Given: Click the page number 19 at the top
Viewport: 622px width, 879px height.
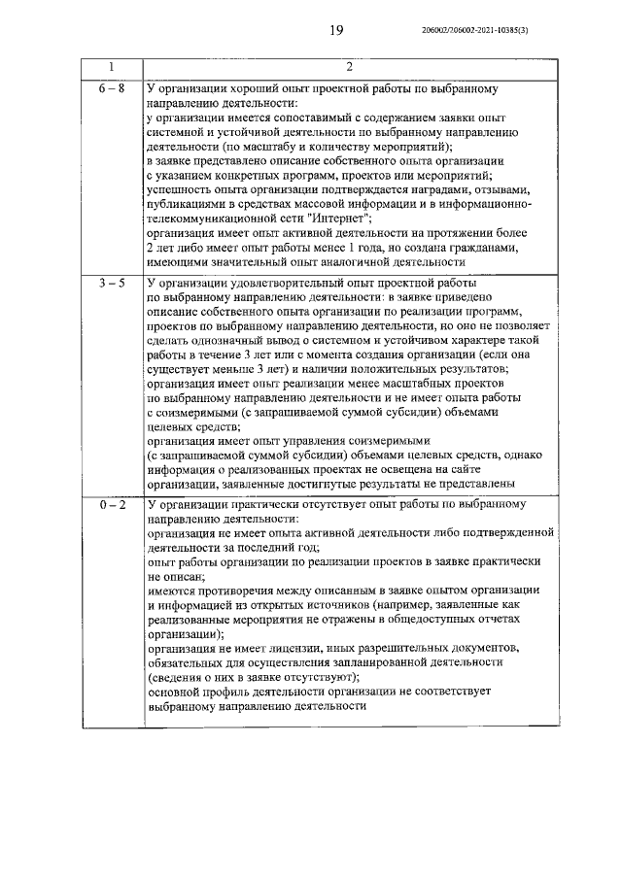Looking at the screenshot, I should [x=336, y=31].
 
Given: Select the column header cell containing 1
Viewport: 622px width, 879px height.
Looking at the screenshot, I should [x=111, y=67].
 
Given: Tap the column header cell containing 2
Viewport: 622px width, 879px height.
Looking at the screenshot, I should [x=350, y=67].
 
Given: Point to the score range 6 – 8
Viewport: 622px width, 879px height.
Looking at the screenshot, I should [x=111, y=88].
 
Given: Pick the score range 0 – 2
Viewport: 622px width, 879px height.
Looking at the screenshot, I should [x=111, y=505].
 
